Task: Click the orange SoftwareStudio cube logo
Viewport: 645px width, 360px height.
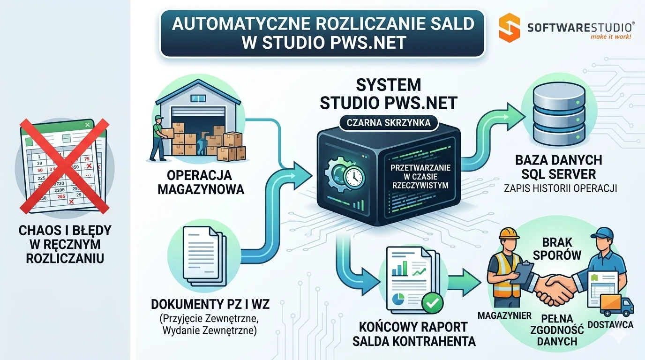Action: point(509,27)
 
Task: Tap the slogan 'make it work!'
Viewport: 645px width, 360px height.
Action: point(610,37)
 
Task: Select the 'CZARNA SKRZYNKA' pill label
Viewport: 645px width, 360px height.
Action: point(389,123)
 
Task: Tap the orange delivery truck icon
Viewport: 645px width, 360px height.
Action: point(610,305)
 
